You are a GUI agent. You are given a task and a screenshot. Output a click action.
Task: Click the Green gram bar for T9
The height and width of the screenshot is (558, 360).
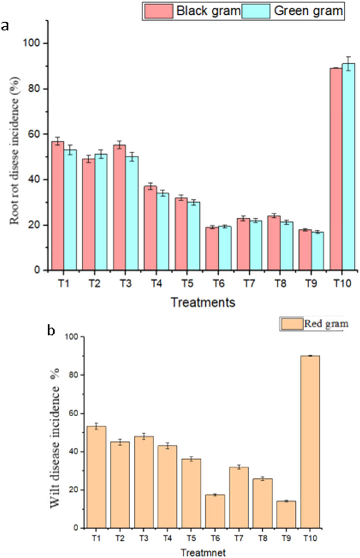317,251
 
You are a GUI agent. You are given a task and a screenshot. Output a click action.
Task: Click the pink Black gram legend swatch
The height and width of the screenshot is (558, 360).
158,11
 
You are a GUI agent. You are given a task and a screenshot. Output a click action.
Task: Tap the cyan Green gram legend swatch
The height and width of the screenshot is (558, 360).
256,11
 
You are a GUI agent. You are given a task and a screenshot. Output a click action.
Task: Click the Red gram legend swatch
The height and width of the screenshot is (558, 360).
292,324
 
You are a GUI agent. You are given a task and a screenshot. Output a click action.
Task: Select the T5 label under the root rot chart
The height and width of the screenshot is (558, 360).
187,283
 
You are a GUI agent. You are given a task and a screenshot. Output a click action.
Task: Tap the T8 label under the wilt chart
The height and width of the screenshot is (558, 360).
263,538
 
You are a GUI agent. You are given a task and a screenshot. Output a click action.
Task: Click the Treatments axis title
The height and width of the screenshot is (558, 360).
203,302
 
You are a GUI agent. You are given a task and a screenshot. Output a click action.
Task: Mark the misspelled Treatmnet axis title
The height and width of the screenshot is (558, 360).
203,552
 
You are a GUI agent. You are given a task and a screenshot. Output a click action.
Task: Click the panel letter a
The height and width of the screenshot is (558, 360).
5,27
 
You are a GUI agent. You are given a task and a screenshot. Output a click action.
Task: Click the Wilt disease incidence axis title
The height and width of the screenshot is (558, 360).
55,438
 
